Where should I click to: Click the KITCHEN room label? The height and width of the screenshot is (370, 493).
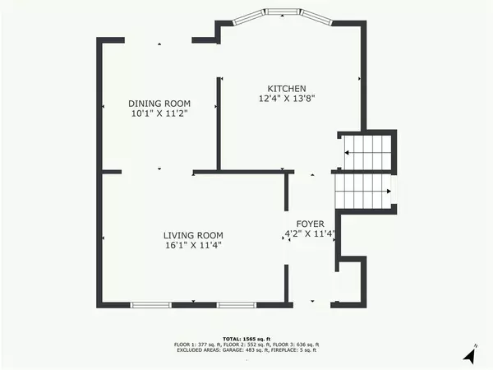point(287,89)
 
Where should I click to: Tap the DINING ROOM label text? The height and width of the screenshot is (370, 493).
point(159,104)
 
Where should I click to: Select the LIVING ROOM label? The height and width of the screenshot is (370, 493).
point(192,234)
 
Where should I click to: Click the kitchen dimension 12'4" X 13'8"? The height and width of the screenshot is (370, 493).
point(287,99)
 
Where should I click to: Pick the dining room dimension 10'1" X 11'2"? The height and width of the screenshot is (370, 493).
point(159,113)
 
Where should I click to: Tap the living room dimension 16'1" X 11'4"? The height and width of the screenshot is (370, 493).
point(192,244)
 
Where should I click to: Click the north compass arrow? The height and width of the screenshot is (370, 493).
point(469,354)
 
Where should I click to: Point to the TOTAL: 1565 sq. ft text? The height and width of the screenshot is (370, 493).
point(246,338)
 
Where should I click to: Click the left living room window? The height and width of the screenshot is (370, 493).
point(150,305)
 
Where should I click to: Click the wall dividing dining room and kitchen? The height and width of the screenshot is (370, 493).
point(219,123)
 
